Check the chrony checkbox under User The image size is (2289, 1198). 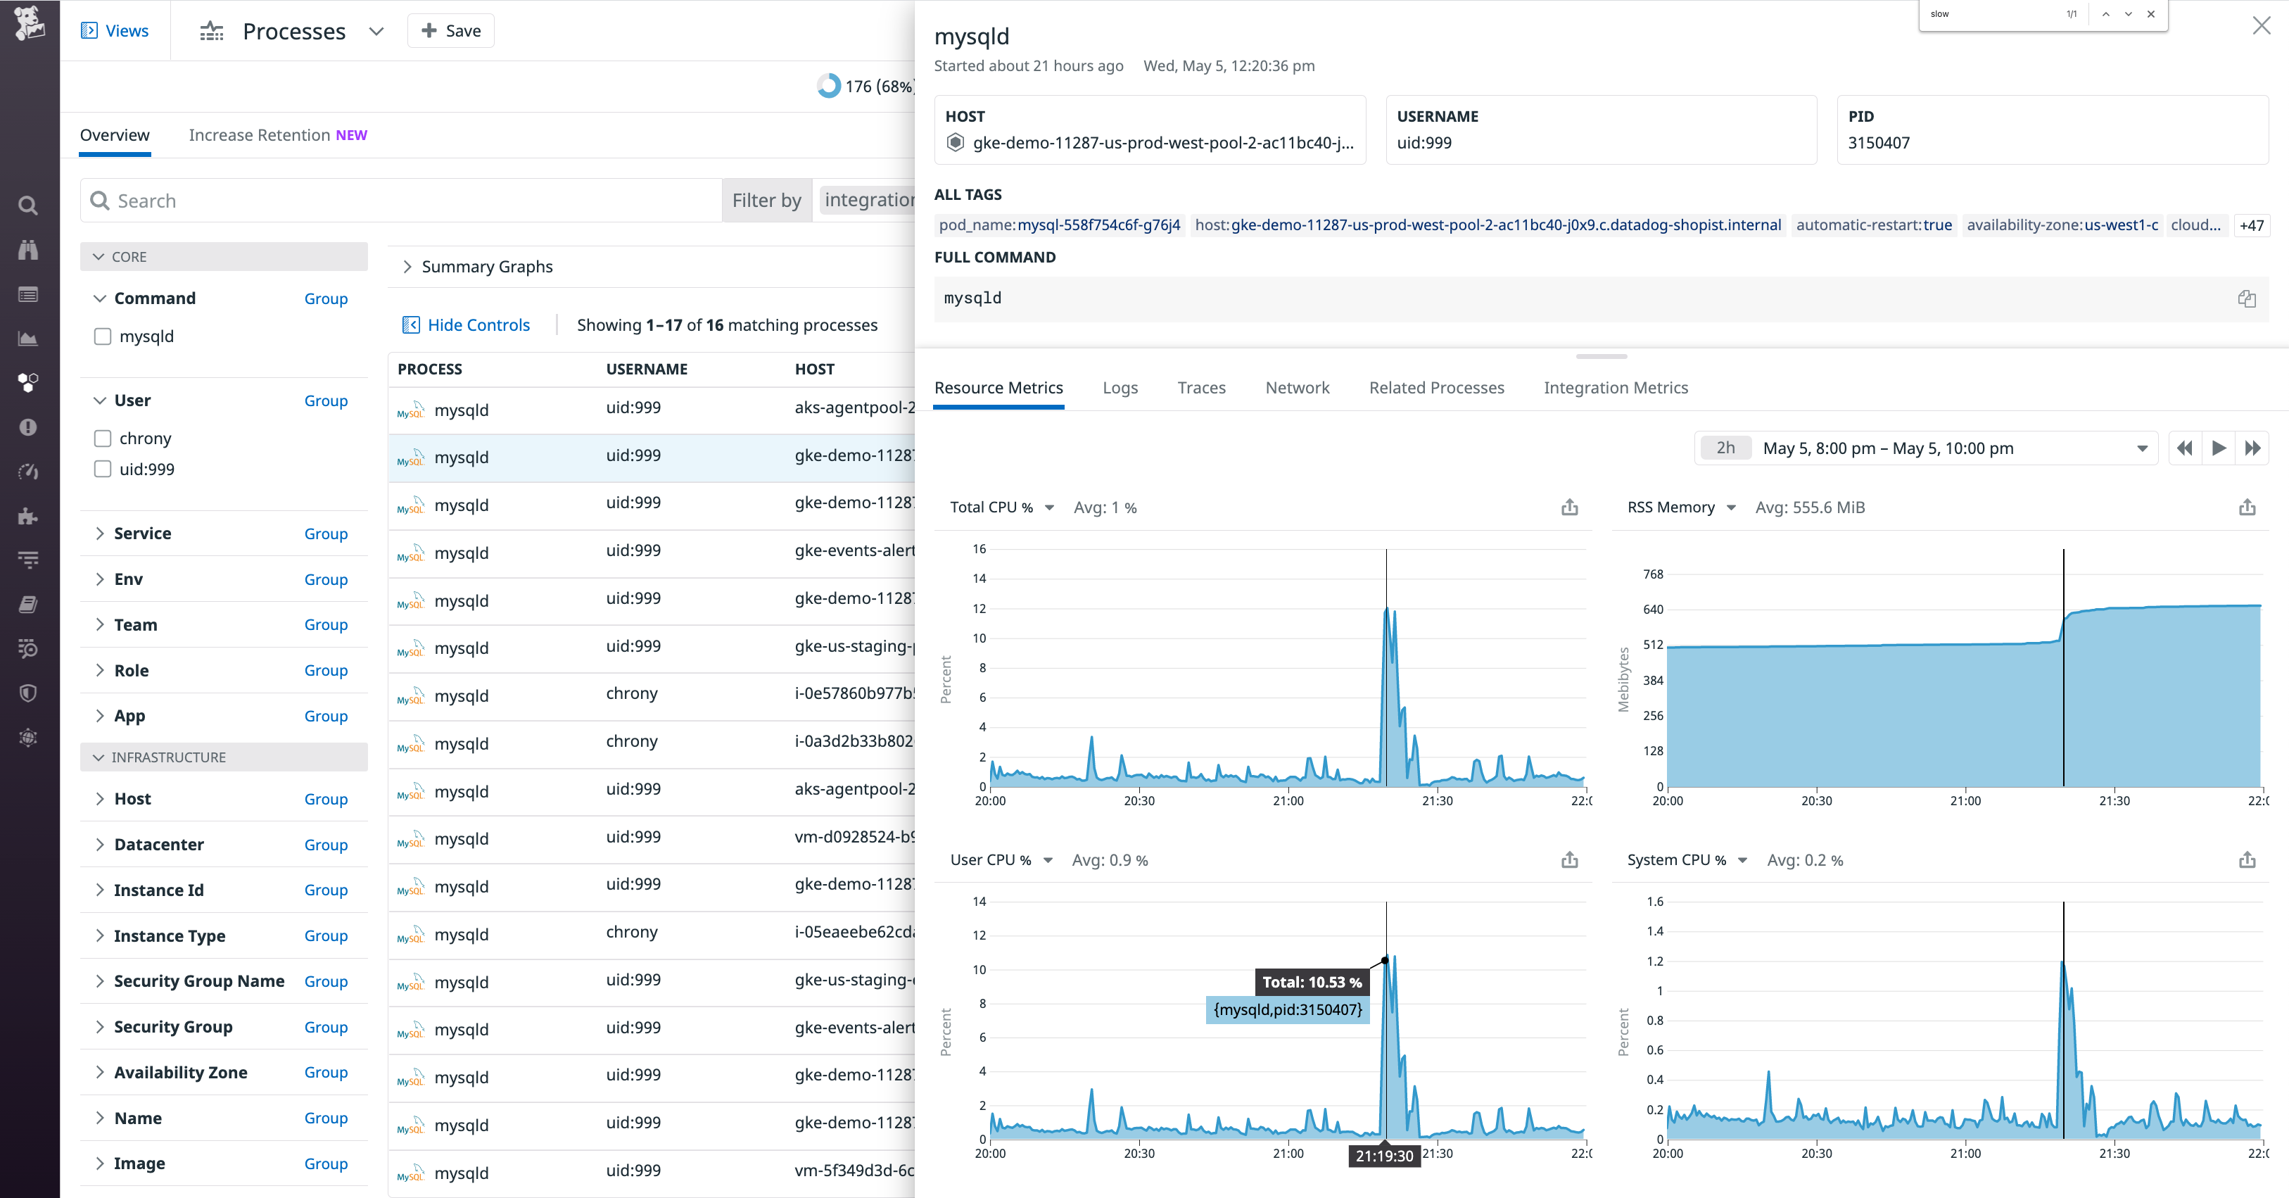[103, 438]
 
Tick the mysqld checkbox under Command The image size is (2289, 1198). [103, 336]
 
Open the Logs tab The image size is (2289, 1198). [1120, 387]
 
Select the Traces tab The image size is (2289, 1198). [1201, 387]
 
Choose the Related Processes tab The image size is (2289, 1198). [1436, 387]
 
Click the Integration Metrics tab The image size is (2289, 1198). [1616, 387]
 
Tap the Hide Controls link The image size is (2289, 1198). [478, 324]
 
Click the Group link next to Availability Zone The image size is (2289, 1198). [325, 1072]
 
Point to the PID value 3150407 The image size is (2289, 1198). [1879, 142]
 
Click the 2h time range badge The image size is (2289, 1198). [1725, 448]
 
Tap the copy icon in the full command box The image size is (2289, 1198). [2246, 298]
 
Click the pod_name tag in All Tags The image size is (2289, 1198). [1059, 225]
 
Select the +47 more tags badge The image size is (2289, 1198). [2251, 225]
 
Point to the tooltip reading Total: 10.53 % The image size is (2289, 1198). [1312, 982]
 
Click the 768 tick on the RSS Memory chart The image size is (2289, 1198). [1653, 574]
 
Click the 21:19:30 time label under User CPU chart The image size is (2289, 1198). [1384, 1155]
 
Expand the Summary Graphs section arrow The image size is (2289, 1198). [407, 267]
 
